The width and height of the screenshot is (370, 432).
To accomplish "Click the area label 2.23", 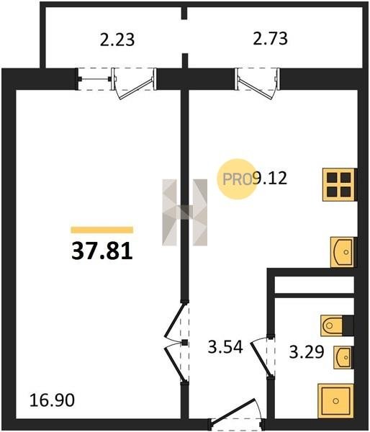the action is (117, 40).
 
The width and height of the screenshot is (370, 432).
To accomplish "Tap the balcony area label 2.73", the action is (270, 38).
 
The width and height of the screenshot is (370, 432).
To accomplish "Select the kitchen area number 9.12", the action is (270, 178).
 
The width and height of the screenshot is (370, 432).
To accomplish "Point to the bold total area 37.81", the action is (102, 252).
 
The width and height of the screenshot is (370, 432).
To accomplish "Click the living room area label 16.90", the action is (52, 400).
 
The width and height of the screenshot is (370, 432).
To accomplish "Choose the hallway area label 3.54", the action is (225, 347).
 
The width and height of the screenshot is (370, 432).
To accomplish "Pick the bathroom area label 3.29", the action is (307, 352).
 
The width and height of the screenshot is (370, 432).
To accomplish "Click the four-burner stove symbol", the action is (339, 184).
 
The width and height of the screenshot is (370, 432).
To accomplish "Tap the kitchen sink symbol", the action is (343, 252).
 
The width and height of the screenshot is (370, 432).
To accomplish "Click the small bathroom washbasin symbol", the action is (343, 357).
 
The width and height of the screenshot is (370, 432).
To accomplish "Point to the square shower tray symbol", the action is (335, 401).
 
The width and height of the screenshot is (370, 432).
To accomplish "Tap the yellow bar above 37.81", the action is (102, 230).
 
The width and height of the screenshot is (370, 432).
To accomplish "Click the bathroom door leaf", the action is (261, 359).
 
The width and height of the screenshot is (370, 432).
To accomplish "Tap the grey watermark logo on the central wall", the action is (184, 212).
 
